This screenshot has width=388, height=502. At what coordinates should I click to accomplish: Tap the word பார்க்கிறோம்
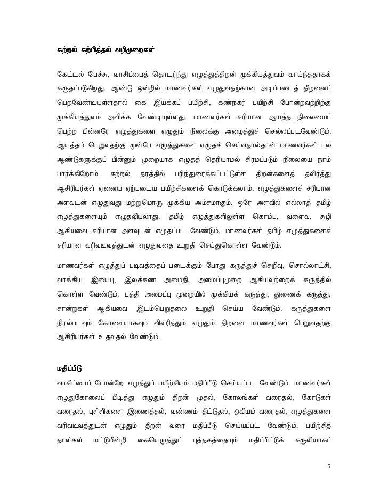coord(77,174)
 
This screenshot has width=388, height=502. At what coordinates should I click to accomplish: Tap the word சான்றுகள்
coord(74,309)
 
